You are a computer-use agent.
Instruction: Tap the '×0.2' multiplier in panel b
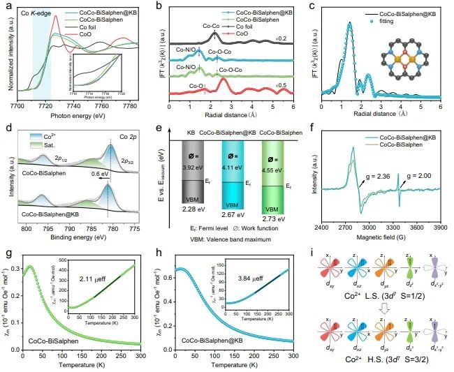click(x=281, y=40)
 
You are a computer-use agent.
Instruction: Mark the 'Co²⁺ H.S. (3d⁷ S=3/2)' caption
click(x=388, y=364)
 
